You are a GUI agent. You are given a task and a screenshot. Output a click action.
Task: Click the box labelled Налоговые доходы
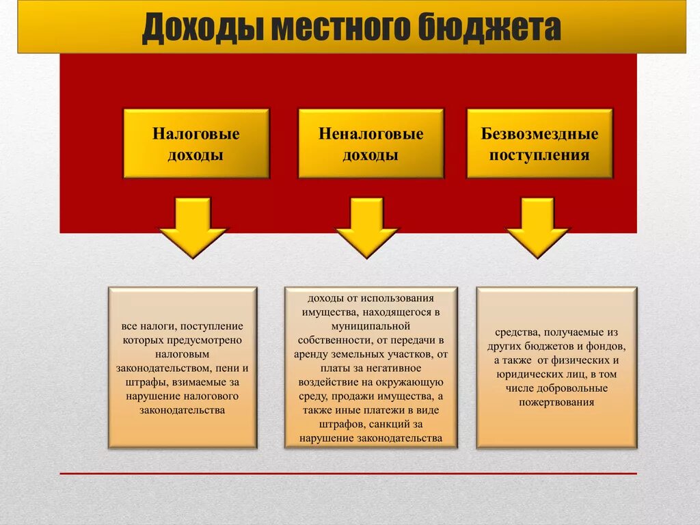tap(196, 144)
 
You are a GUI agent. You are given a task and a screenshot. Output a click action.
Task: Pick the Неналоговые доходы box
tap(371, 144)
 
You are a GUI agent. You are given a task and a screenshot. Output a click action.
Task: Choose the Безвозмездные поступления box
tap(539, 144)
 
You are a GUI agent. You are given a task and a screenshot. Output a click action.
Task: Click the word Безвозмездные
tap(539, 134)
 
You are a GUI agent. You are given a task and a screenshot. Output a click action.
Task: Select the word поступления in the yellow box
tap(539, 154)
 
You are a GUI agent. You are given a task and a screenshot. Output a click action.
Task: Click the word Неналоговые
tap(371, 134)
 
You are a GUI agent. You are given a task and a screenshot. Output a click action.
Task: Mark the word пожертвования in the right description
tap(556, 403)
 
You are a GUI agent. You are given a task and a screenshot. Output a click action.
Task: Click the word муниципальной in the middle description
tap(370, 325)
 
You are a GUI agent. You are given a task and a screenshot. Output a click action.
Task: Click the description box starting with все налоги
tap(183, 368)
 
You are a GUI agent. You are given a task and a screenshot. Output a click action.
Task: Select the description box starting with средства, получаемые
tap(556, 368)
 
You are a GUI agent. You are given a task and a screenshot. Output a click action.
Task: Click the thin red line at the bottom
tap(348, 473)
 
